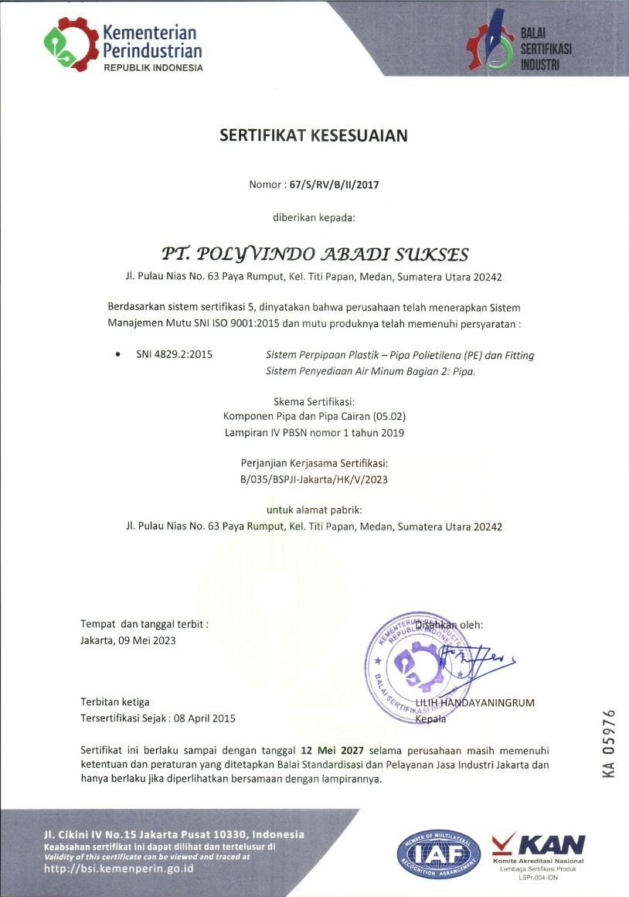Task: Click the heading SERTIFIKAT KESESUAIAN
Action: click(x=314, y=136)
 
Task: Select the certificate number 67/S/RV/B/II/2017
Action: click(x=335, y=185)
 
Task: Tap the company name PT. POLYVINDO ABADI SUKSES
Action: click(x=314, y=254)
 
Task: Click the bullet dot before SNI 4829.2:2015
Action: click(x=117, y=355)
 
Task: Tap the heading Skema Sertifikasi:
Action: click(x=314, y=401)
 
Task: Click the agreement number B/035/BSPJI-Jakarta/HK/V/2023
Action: click(x=314, y=479)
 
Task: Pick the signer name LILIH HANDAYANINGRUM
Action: click(x=474, y=702)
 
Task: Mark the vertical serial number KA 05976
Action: click(x=609, y=742)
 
